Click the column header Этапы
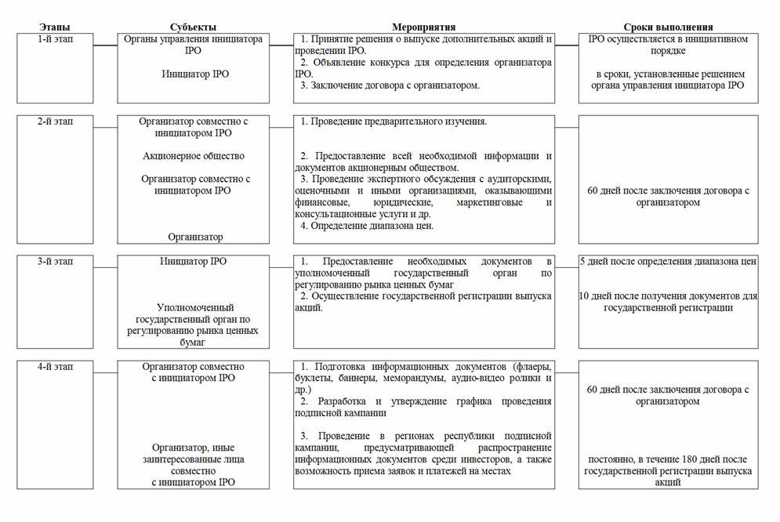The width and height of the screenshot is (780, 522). pos(54,27)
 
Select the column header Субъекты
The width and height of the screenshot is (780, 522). pos(193,27)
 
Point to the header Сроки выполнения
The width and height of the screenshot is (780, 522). pos(669,27)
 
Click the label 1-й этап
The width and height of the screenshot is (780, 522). pos(56,38)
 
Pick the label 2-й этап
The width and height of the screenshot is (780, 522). pos(56,122)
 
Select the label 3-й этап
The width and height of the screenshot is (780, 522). pos(56,261)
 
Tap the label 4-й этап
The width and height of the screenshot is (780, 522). pos(56,366)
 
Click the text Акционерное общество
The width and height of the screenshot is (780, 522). pos(194,156)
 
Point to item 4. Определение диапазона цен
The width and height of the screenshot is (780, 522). pos(367,226)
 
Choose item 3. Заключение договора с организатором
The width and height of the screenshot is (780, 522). pos(390,85)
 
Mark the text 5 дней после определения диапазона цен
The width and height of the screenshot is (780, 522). pos(669,262)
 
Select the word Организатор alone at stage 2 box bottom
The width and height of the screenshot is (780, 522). pos(195,237)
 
